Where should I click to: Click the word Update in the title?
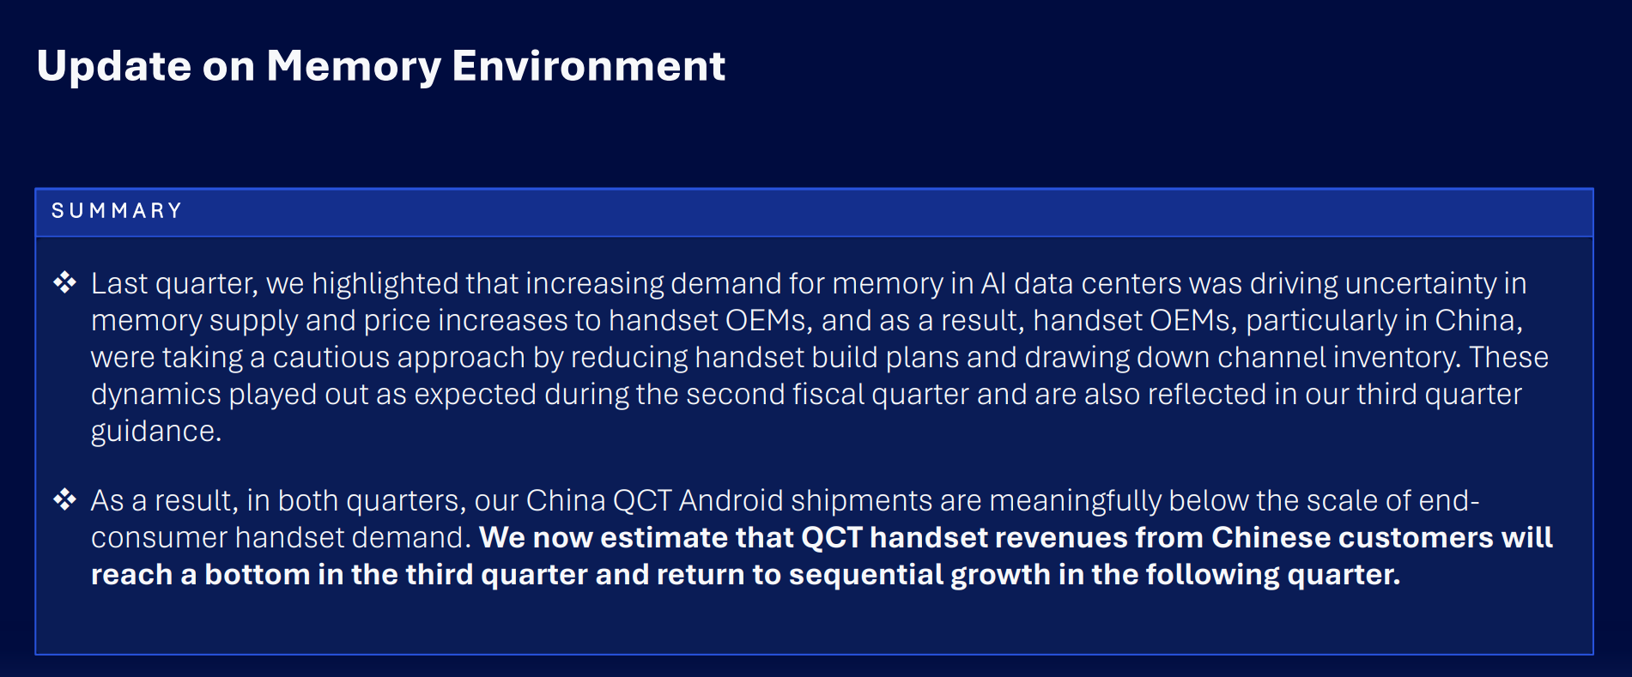click(114, 67)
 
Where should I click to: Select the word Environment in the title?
click(588, 66)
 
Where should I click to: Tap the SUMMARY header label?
click(117, 211)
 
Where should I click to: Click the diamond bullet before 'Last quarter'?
click(65, 282)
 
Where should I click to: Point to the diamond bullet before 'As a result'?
click(65, 499)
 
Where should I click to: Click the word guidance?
click(156, 432)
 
